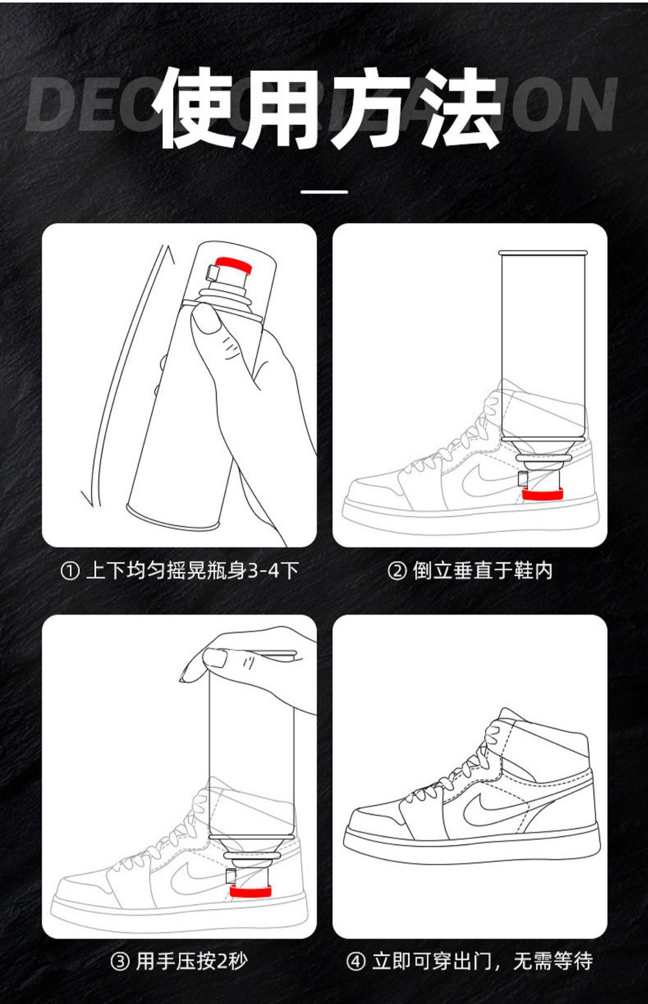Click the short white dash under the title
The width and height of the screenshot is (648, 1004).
pyautogui.click(x=324, y=192)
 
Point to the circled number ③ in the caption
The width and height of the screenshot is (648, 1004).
pyautogui.click(x=120, y=961)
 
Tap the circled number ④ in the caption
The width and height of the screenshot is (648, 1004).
pyautogui.click(x=356, y=961)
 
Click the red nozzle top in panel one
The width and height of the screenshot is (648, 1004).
pyautogui.click(x=234, y=264)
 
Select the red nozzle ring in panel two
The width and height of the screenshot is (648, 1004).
pyautogui.click(x=542, y=494)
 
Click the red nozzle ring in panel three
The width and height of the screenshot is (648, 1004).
pyautogui.click(x=250, y=891)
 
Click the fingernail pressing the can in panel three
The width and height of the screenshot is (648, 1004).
pyautogui.click(x=214, y=658)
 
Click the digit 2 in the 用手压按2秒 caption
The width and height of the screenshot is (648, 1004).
pyautogui.click(x=222, y=961)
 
